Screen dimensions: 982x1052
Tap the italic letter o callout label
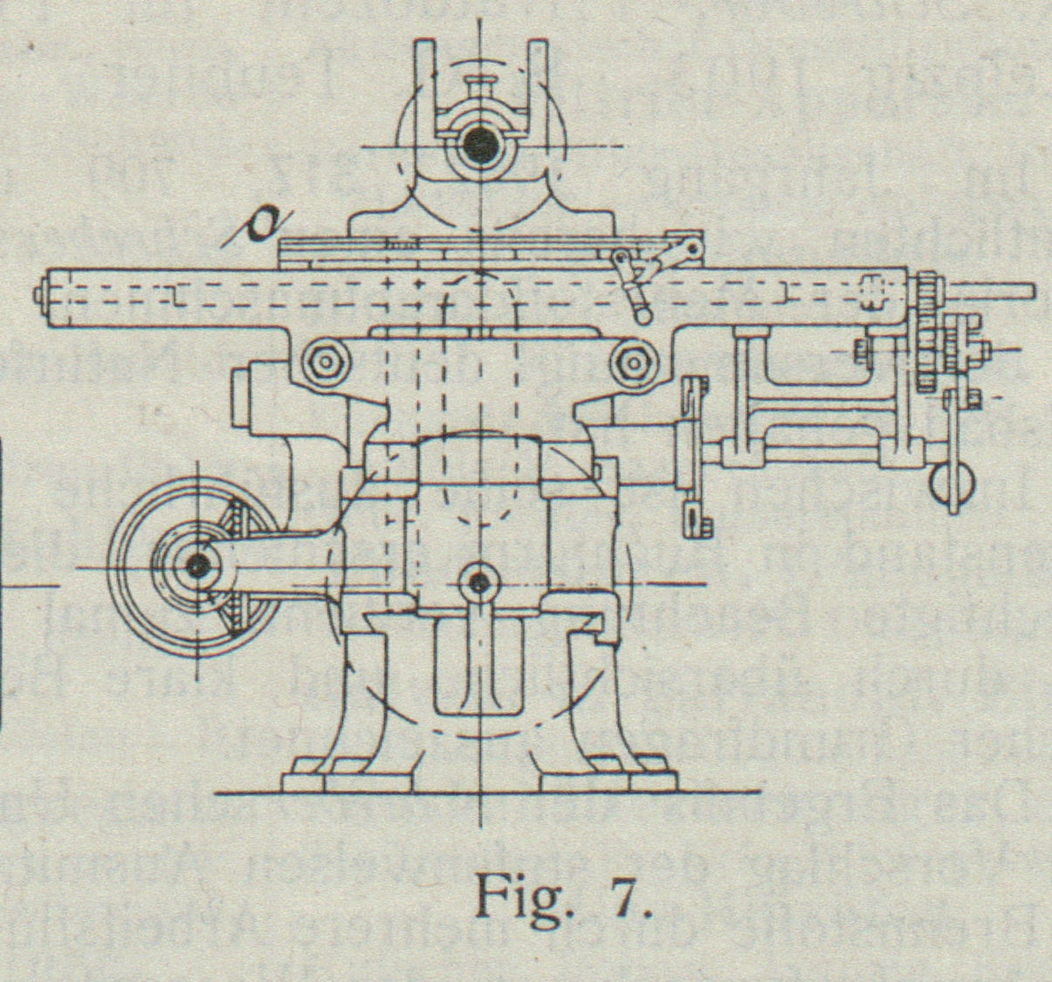pos(258,223)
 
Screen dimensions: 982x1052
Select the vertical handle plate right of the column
pos(694,454)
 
